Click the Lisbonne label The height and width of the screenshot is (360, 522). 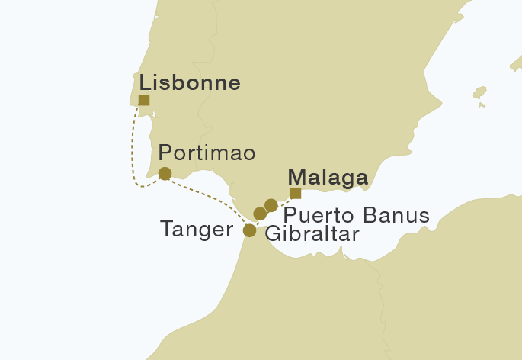(189, 82)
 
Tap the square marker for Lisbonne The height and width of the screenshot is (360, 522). (144, 100)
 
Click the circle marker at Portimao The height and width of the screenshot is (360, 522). (165, 174)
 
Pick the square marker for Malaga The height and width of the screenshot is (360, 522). (296, 193)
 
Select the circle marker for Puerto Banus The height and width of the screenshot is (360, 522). (271, 205)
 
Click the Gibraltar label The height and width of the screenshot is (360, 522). (311, 233)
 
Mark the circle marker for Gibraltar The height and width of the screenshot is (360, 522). (260, 214)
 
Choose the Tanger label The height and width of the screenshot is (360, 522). (197, 229)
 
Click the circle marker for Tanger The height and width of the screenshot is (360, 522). (249, 230)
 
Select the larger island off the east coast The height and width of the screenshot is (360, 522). (479, 93)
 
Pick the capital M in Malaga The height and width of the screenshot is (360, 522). (297, 177)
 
